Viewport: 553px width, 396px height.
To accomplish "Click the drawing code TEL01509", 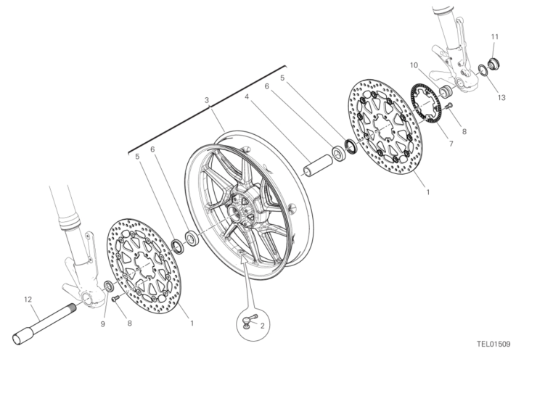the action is pyautogui.click(x=493, y=344).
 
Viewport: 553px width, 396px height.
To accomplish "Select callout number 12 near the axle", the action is pyautogui.click(x=28, y=300).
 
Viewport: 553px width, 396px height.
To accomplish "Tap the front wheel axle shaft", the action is pyautogui.click(x=46, y=324).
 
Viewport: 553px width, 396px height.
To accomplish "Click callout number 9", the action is pyautogui.click(x=102, y=324).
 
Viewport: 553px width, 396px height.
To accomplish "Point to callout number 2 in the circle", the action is pyautogui.click(x=263, y=326).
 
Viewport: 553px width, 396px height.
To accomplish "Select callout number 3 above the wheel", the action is pyautogui.click(x=207, y=100).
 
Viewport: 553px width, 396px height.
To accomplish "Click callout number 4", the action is pyautogui.click(x=247, y=96).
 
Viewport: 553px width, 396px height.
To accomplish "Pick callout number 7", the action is pyautogui.click(x=451, y=144).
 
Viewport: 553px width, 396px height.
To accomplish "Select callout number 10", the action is pyautogui.click(x=414, y=65).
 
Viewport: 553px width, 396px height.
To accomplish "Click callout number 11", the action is pyautogui.click(x=494, y=37).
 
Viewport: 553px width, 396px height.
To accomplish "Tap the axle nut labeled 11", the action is pyautogui.click(x=493, y=64).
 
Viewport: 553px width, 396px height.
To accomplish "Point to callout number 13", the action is pyautogui.click(x=501, y=98).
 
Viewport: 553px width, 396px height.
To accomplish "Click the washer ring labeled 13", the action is pyautogui.click(x=483, y=70).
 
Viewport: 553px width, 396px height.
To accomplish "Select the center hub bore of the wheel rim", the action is pyautogui.click(x=233, y=212).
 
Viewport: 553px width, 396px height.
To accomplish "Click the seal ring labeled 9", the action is pyautogui.click(x=109, y=286).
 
